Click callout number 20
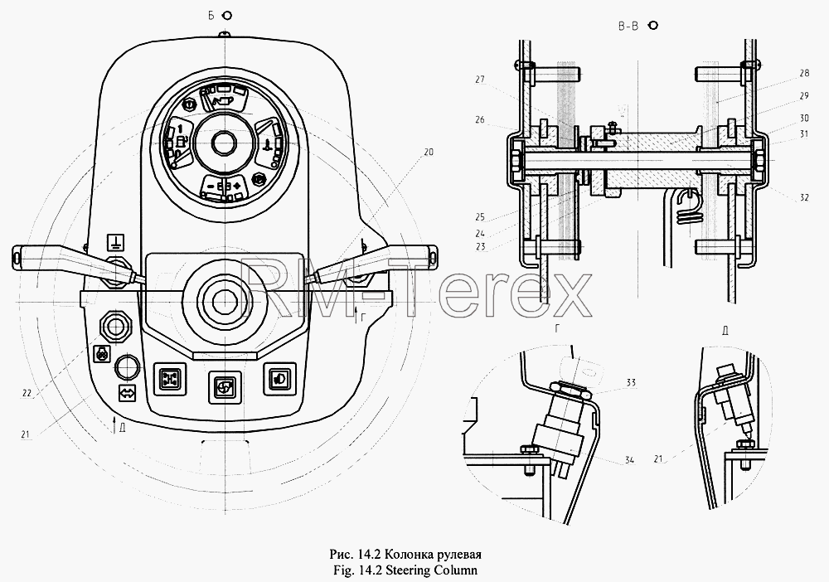pyautogui.click(x=429, y=153)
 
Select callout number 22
pyautogui.click(x=27, y=393)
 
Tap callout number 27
pyautogui.click(x=479, y=80)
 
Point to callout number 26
pyautogui.click(x=479, y=120)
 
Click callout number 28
pyautogui.click(x=804, y=74)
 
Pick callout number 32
pyautogui.click(x=804, y=198)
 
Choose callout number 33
pyautogui.click(x=630, y=382)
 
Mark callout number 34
pyautogui.click(x=629, y=460)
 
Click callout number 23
pyautogui.click(x=481, y=246)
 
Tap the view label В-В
pyautogui.click(x=628, y=27)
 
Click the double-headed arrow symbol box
pyautogui.click(x=128, y=393)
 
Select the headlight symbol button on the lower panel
pyautogui.click(x=279, y=379)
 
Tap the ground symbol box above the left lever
pyautogui.click(x=114, y=243)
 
